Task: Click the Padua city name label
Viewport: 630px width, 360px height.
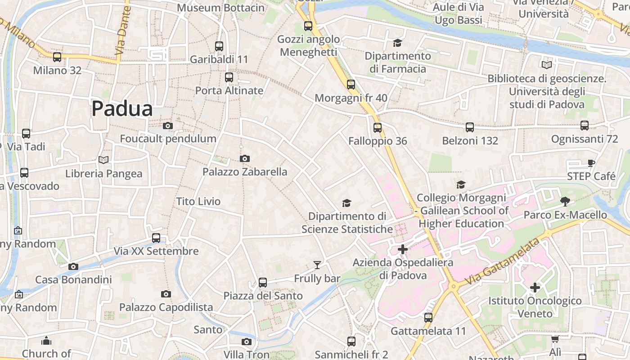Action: [122, 108]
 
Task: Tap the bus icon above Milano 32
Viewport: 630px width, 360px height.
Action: [57, 57]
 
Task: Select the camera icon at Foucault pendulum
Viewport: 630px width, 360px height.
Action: [168, 126]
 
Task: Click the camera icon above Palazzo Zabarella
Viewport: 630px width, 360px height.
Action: [245, 158]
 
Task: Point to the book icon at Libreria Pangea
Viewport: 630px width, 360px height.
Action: [103, 160]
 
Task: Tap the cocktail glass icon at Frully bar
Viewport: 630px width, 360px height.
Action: [317, 265]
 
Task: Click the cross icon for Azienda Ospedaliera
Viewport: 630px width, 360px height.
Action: [403, 249]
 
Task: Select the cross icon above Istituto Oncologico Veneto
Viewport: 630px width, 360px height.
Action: [535, 287]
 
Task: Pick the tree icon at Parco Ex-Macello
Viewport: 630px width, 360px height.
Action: [565, 201]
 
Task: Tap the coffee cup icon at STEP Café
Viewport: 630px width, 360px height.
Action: [591, 163]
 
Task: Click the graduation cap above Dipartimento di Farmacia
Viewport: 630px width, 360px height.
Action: [397, 43]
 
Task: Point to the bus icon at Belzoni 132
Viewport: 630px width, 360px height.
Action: [470, 127]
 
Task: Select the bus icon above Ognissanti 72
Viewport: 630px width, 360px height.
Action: [585, 126]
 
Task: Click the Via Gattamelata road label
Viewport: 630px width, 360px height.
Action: [502, 261]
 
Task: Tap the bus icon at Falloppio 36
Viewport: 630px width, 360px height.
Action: [378, 128]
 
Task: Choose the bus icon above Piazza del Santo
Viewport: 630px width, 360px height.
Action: [263, 283]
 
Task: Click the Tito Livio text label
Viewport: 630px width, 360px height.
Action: [198, 201]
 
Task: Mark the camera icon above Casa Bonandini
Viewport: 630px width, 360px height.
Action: [73, 266]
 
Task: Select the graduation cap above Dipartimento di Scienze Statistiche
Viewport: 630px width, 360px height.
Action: [346, 203]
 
